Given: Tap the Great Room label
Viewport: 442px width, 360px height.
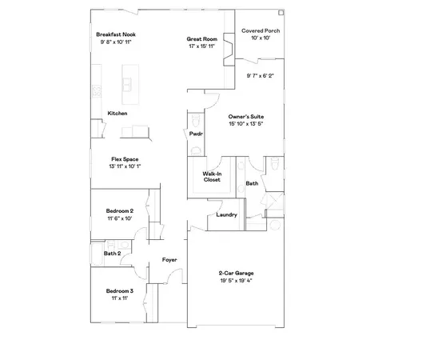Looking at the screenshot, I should pos(201,38).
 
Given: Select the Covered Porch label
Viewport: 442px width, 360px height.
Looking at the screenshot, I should pos(260,30).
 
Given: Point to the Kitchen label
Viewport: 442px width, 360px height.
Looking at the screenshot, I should pos(117,114).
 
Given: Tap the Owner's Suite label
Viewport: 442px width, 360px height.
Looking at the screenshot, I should pos(245,117).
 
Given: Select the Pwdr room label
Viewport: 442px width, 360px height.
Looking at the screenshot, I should pos(196,134).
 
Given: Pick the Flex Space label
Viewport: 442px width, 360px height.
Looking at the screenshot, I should pos(125,159).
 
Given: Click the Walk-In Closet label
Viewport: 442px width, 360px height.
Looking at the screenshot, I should pos(212,176).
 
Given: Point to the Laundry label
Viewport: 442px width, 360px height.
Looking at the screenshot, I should pos(226,214).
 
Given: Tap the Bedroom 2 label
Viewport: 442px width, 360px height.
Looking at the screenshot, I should pos(120,210).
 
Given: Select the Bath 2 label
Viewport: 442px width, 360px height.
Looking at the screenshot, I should pos(112,254).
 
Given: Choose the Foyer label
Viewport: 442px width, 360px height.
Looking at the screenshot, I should pos(169,259).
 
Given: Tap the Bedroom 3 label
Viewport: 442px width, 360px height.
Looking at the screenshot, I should pos(120,290).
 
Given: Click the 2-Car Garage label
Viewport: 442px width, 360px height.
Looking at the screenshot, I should pos(236,274).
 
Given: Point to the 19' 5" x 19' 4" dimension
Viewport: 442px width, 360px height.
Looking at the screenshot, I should pos(236,281).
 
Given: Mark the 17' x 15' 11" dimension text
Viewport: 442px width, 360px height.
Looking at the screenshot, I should pos(201,45).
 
